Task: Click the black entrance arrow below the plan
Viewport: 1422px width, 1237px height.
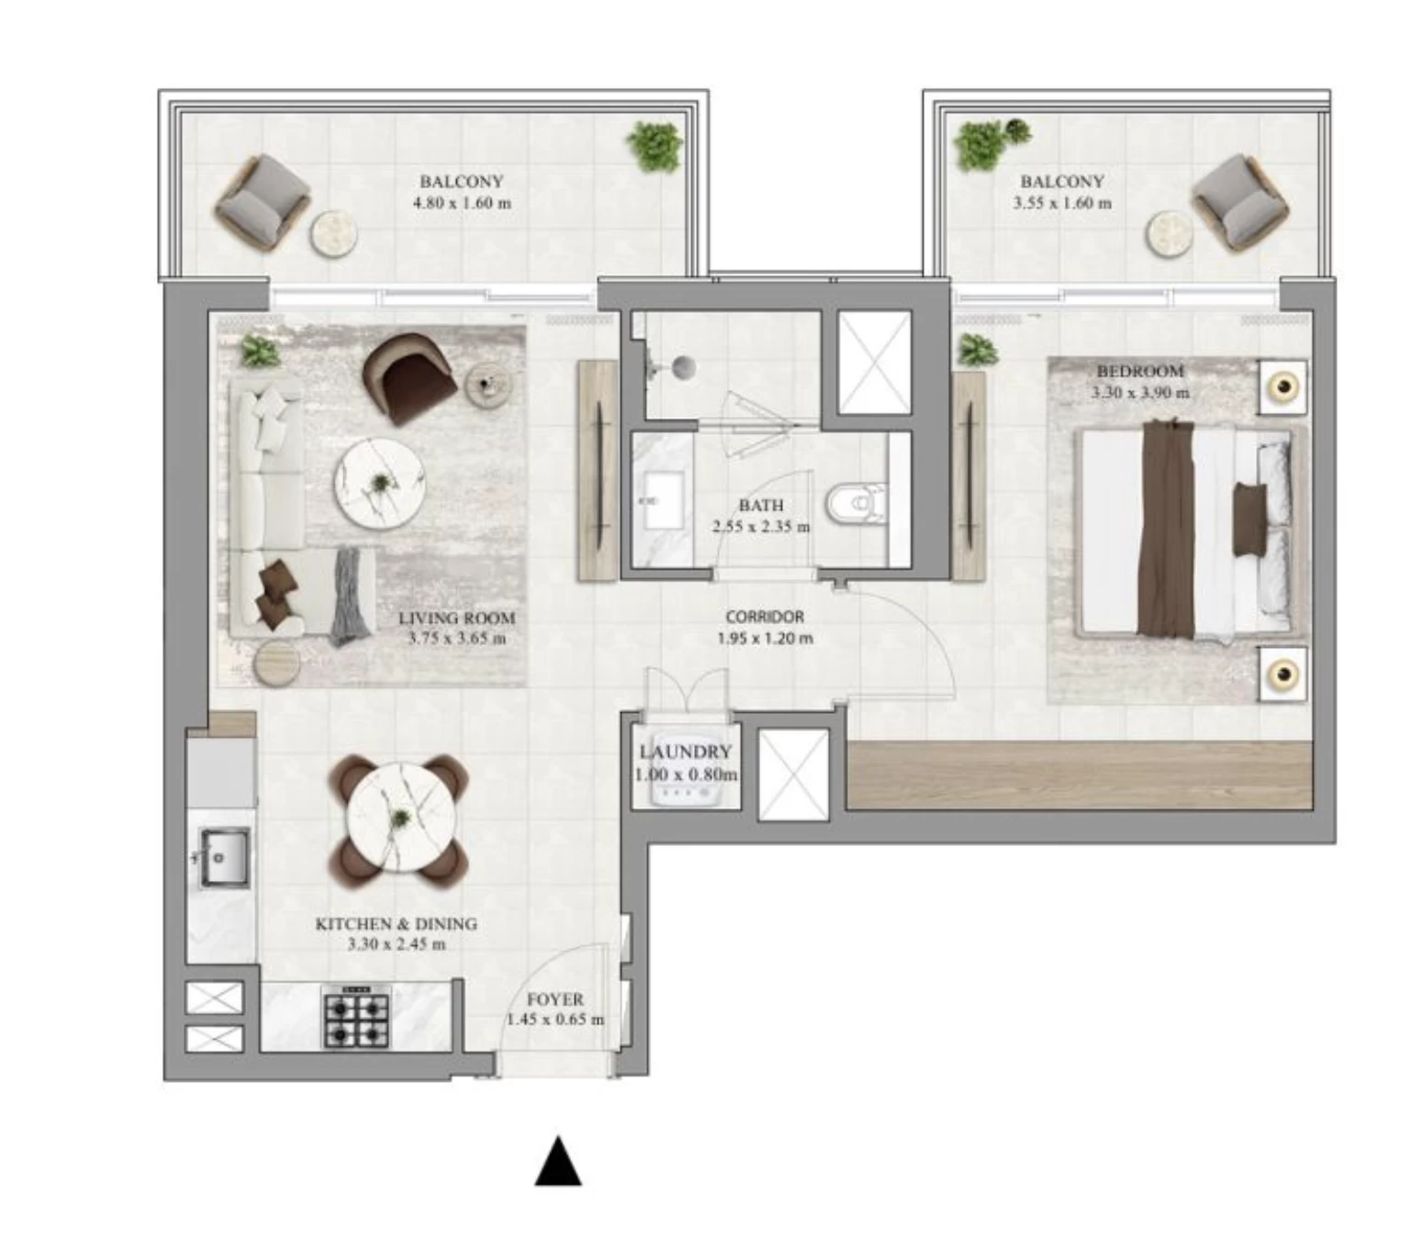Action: [557, 1163]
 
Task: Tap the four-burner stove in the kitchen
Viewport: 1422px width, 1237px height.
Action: [356, 1018]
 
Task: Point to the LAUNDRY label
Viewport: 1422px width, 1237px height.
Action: [685, 752]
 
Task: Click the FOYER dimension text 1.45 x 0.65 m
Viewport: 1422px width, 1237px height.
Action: [555, 1020]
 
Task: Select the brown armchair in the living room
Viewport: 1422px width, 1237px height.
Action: [409, 376]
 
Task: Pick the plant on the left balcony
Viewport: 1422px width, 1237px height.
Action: [655, 146]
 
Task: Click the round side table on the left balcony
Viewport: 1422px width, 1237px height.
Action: [332, 233]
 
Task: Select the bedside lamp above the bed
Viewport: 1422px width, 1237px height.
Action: [1282, 387]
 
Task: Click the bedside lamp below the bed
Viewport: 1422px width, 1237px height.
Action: [1282, 675]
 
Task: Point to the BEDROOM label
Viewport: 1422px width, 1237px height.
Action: [1140, 372]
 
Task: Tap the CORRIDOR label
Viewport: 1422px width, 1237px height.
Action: [764, 618]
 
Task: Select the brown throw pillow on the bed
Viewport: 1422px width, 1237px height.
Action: [1248, 518]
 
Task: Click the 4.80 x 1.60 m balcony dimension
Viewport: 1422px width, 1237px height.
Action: [462, 204]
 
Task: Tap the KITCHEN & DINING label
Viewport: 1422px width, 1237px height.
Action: [396, 924]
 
